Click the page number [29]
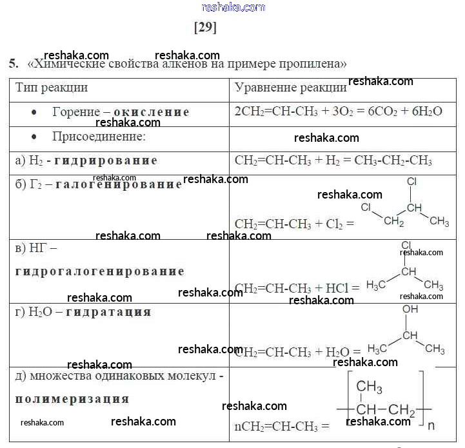pos(205,28)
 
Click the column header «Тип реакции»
pos(52,87)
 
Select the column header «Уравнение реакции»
pos(290,88)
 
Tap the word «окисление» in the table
pos(152,112)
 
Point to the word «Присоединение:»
pos(99,137)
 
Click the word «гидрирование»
pos(115,161)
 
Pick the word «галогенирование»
pos(119,185)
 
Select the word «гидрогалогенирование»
pos(99,271)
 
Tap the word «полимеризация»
pos(72,398)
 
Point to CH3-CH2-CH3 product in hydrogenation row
pos(399,161)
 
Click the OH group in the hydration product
pos(410,309)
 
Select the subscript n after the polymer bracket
pos(431,425)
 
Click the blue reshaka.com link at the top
pos(233,7)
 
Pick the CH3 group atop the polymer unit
pos(370,387)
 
